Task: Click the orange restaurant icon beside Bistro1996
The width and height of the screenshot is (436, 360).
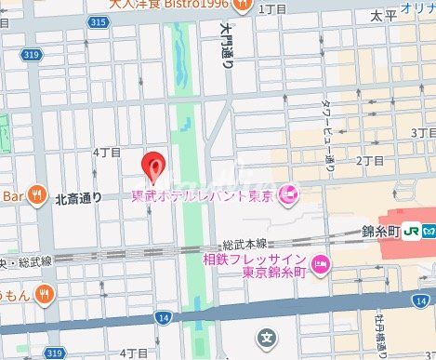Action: click(243, 5)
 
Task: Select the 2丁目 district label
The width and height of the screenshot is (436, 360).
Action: click(370, 161)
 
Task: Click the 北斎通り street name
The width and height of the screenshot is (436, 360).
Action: click(78, 197)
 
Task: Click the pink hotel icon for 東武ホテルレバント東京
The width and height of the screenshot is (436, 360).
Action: click(288, 194)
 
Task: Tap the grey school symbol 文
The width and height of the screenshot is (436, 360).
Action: click(266, 336)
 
